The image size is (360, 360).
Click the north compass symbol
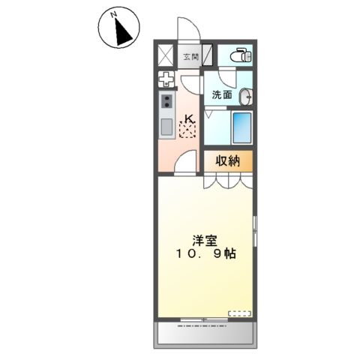[x=117, y=28]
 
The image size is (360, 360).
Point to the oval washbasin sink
[x=244, y=97]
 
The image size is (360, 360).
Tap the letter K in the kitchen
[x=189, y=118]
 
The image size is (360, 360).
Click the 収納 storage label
[x=229, y=160]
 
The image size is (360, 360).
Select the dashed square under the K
[x=188, y=130]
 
